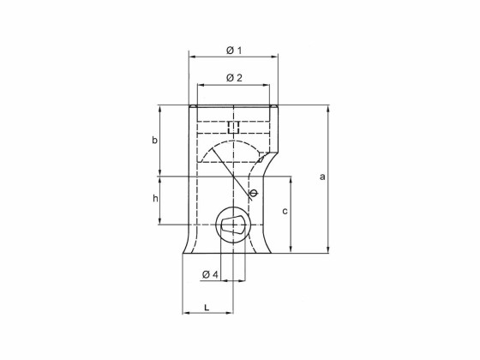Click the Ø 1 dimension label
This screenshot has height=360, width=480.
[x=233, y=50]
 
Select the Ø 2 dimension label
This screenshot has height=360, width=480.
[x=233, y=78]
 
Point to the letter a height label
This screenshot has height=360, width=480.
[x=322, y=177]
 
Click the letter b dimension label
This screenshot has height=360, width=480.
[x=154, y=140]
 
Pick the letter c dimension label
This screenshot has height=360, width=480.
[x=285, y=210]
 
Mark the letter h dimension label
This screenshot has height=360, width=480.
[x=155, y=199]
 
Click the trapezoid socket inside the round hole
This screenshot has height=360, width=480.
[x=232, y=227]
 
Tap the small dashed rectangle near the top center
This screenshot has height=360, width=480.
[x=233, y=127]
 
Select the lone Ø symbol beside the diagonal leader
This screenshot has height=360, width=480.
[x=253, y=193]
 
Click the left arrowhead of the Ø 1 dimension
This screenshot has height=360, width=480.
[x=191, y=57]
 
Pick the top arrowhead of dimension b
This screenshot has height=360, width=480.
[x=160, y=108]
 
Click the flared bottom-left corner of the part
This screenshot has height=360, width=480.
[x=183, y=253]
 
